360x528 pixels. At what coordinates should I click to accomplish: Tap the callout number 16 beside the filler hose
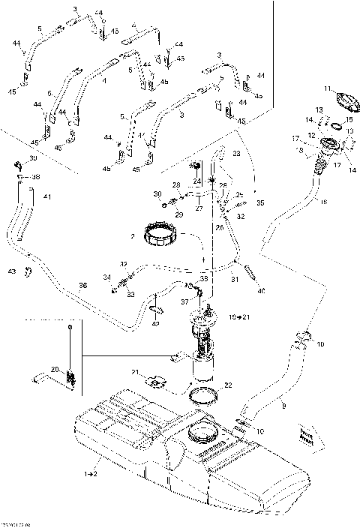(x=323, y=202)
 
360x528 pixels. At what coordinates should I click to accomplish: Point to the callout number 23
(x=236, y=153)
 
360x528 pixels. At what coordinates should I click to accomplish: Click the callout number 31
(x=234, y=280)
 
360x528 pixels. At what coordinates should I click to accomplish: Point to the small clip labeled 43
(x=27, y=271)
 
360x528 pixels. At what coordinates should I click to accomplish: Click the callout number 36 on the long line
(x=82, y=286)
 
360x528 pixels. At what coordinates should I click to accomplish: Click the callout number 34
(x=106, y=277)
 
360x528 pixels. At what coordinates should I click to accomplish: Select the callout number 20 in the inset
(x=54, y=368)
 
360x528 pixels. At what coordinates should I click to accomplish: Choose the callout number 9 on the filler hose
(x=283, y=406)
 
